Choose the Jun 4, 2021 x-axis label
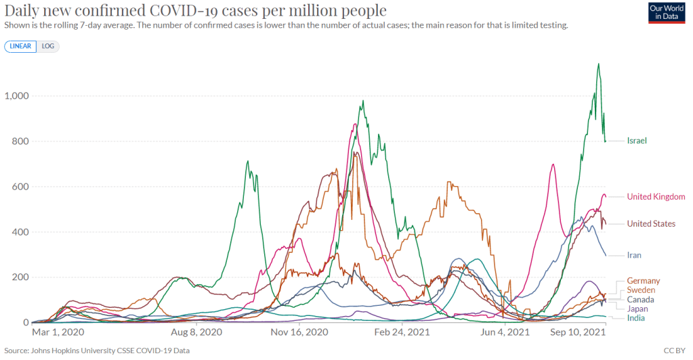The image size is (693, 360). [x=504, y=333]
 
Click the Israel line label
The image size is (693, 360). [x=637, y=141]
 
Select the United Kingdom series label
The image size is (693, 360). [x=655, y=196]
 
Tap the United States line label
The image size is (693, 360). [x=651, y=223]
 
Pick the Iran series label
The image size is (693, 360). [x=635, y=255]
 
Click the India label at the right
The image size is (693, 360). [x=636, y=318]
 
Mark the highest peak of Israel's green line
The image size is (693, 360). [x=598, y=64]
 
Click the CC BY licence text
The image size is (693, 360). [x=679, y=351]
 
